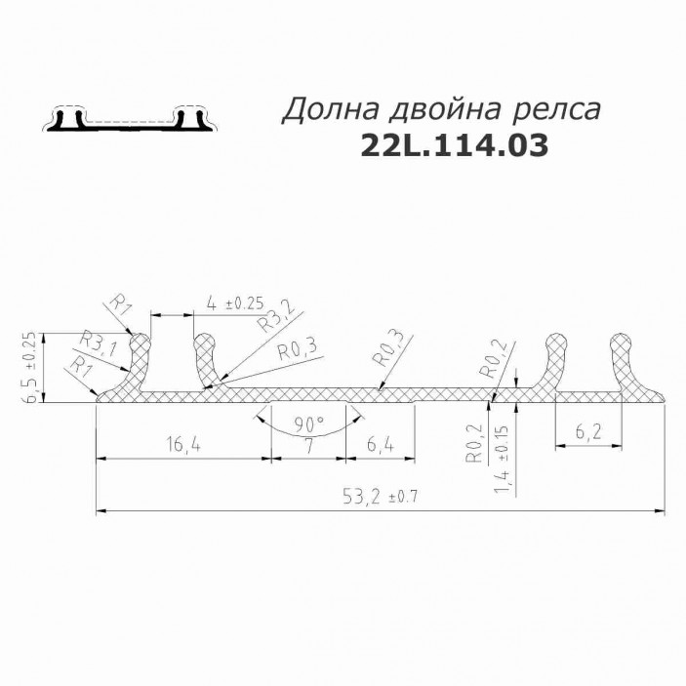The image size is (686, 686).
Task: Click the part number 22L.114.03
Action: pyautogui.click(x=453, y=145)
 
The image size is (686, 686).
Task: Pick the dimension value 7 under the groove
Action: pyautogui.click(x=307, y=447)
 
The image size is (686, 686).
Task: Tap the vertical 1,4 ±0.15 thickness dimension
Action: pyautogui.click(x=504, y=456)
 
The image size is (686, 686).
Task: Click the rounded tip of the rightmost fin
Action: pyautogui.click(x=623, y=341)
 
